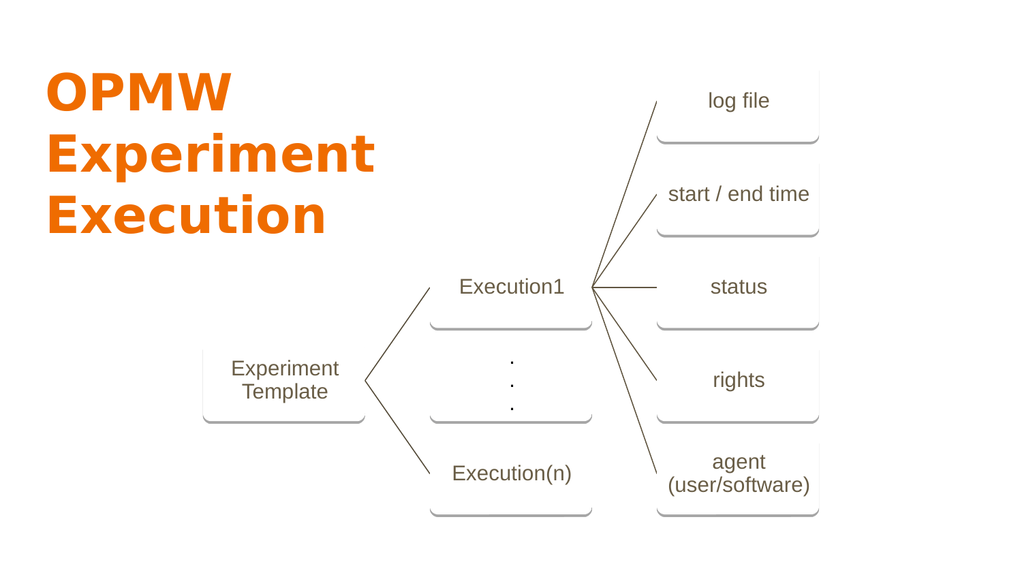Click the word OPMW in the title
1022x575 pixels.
(x=139, y=92)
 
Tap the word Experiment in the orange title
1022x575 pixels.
(x=211, y=155)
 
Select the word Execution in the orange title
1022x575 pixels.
(x=186, y=215)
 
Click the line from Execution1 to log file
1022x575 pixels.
(x=624, y=194)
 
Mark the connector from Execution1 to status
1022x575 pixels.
(x=624, y=287)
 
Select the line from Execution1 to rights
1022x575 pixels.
(x=624, y=334)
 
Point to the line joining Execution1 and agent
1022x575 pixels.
(x=624, y=381)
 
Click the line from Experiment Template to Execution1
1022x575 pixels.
(x=397, y=334)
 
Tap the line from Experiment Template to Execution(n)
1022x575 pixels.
(x=397, y=427)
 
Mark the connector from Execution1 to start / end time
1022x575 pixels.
(x=624, y=241)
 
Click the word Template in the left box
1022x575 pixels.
(x=285, y=392)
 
